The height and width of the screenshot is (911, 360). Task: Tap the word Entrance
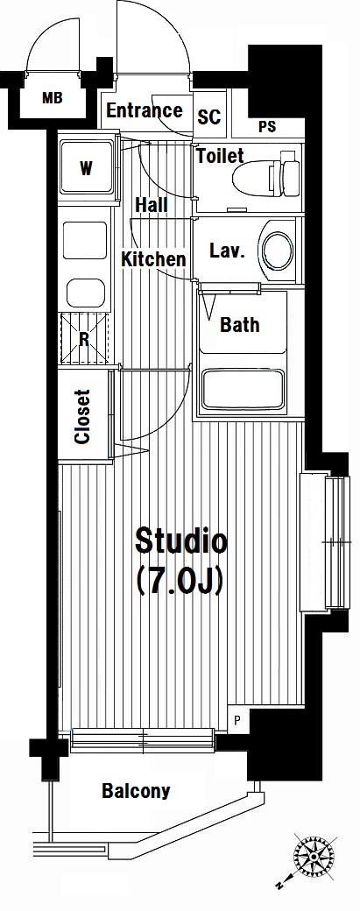145,109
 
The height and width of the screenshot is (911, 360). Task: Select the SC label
209,117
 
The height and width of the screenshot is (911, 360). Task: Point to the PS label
267,127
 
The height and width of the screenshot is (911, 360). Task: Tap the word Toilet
220,156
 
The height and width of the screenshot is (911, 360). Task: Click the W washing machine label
86,169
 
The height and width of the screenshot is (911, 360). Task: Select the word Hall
152,204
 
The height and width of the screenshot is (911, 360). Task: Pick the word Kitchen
154,258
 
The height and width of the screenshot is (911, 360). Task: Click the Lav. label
226,251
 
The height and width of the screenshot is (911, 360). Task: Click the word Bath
240,324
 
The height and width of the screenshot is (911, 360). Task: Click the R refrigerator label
83,339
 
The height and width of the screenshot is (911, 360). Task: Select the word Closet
83,417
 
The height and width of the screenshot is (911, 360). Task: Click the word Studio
180,541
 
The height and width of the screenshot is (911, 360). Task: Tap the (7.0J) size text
180,581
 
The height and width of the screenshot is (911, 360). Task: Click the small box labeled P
236,721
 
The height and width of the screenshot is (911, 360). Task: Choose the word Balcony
137,791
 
